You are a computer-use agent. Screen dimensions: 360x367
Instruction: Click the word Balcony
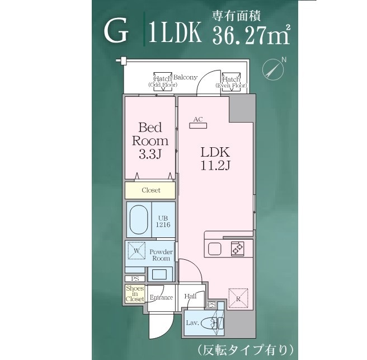coord(185,77)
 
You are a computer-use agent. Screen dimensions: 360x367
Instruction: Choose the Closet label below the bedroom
coord(150,190)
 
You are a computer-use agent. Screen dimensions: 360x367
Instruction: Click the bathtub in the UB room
coord(138,220)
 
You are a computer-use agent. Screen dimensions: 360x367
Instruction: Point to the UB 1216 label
coord(163,221)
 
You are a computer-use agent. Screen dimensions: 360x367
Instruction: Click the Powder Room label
coord(161,255)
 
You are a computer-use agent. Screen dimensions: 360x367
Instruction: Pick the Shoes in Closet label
coord(135,293)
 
